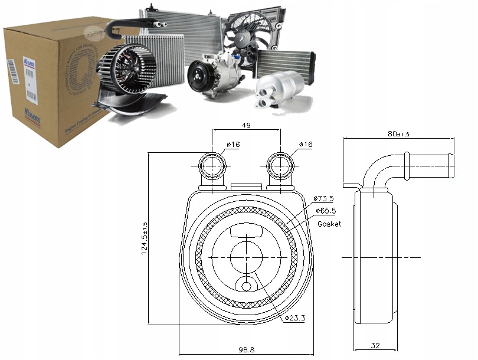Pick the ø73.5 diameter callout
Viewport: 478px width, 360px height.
point(324,198)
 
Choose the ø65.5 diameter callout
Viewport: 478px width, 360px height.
point(324,210)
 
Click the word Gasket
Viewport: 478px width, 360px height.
point(329,224)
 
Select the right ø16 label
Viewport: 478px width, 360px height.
point(305,145)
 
